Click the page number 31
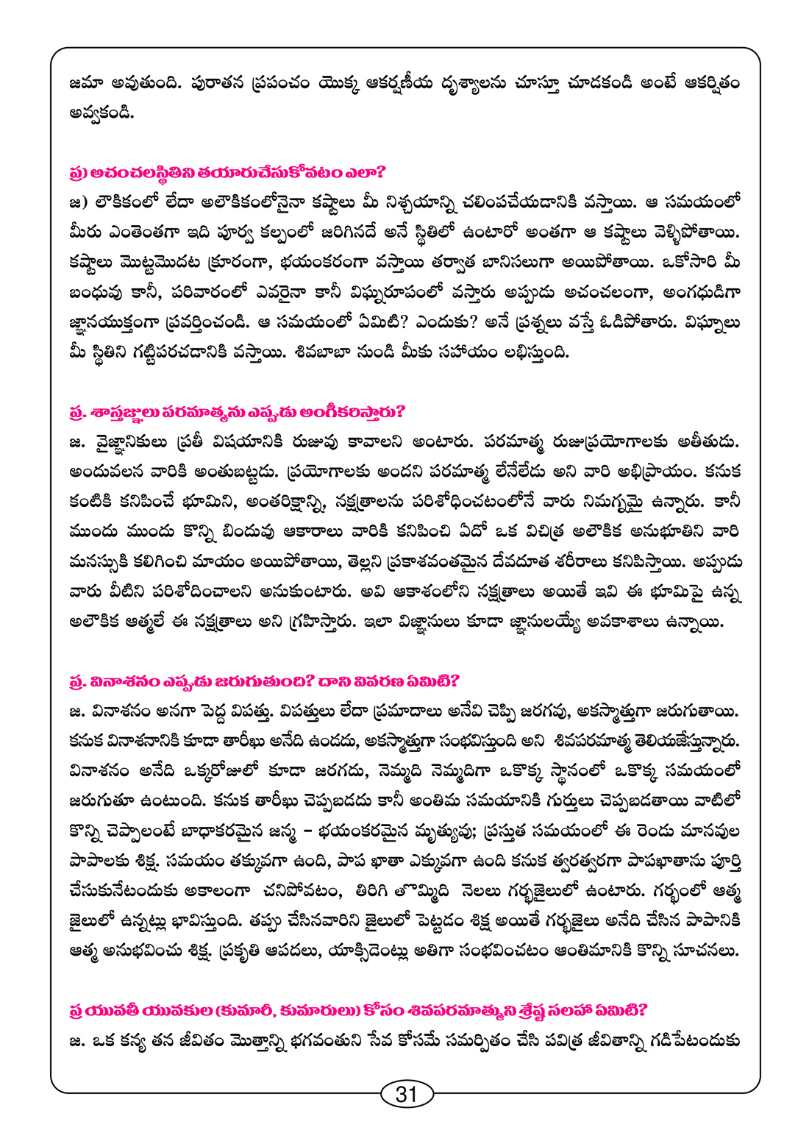406,1094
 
